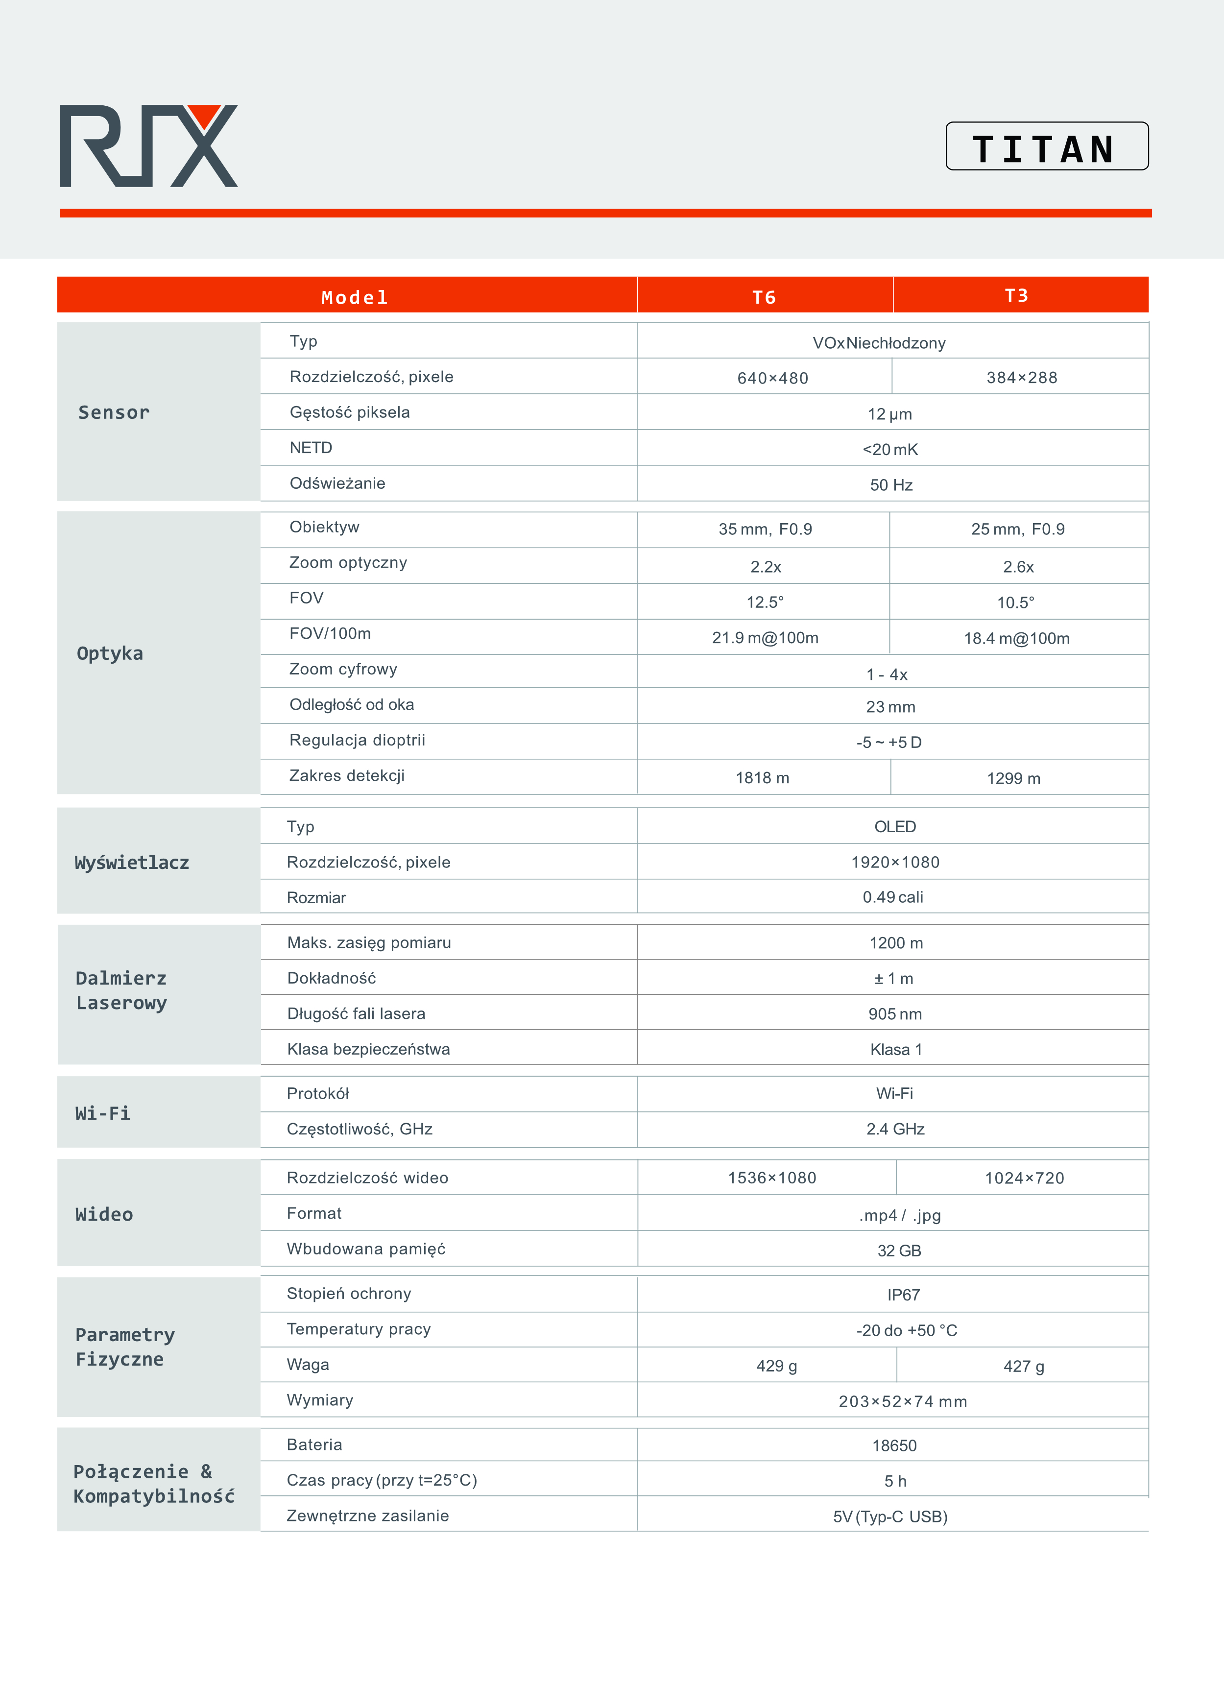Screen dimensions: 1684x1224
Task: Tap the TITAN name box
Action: [1047, 147]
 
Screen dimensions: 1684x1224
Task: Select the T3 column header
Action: [1016, 295]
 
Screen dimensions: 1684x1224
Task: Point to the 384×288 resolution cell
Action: [1021, 377]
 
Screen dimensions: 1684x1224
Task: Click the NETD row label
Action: [311, 448]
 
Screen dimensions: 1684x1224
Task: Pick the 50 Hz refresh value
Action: [891, 485]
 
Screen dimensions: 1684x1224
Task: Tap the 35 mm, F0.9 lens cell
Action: [765, 529]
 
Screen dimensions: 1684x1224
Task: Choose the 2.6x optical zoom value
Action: [1018, 567]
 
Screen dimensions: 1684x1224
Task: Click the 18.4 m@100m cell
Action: [1016, 638]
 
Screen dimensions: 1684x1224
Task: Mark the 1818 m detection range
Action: [762, 777]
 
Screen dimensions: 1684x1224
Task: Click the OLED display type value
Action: [894, 826]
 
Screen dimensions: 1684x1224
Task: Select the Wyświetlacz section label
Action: [132, 862]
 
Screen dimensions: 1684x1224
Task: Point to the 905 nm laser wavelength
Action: [894, 1013]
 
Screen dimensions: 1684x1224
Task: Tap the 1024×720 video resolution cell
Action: [1024, 1178]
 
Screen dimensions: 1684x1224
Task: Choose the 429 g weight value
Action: [776, 1366]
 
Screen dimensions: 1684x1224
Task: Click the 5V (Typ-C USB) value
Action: [890, 1516]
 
